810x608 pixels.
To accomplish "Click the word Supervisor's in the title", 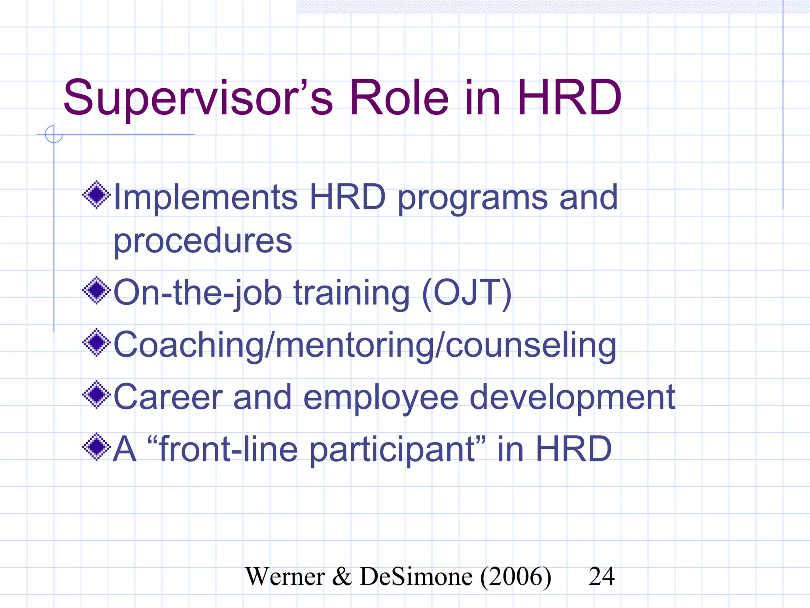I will coord(198,98).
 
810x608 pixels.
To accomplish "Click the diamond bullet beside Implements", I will coord(96,195).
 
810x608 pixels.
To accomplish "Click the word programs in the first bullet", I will coord(473,198).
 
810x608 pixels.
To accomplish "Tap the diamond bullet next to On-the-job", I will coord(96,291).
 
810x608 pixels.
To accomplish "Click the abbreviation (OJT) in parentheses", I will coord(467,293).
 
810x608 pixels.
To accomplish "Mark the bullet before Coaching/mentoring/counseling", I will coord(96,342).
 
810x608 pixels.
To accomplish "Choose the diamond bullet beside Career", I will coord(96,395).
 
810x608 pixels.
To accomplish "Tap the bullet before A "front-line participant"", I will coord(96,447).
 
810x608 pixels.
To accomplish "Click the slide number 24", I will coord(602,576).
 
